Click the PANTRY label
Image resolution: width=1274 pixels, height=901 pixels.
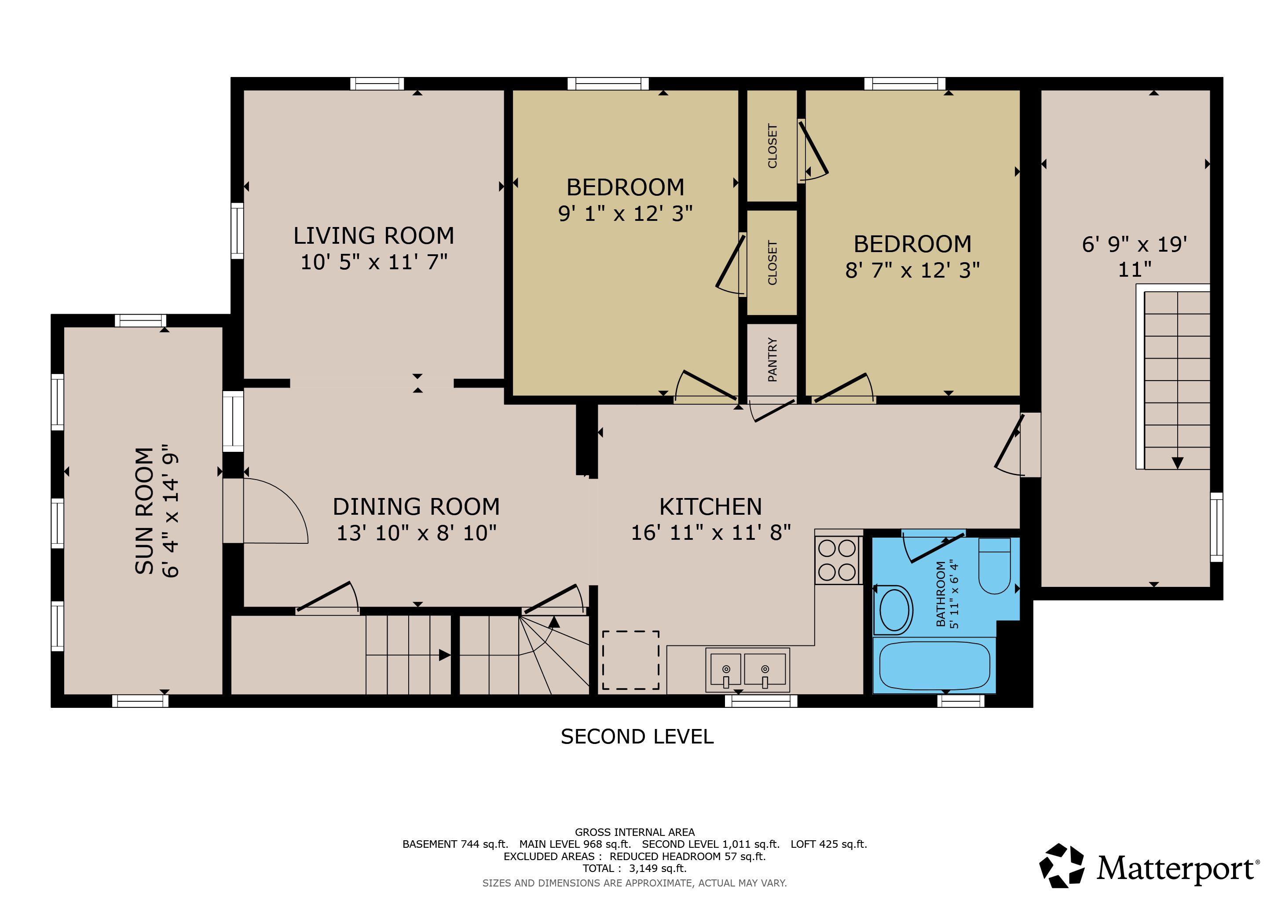click(772, 359)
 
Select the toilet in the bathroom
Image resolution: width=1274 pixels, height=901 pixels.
click(994, 565)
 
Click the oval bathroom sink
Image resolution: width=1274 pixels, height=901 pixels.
click(894, 610)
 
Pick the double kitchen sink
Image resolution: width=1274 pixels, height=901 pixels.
click(747, 670)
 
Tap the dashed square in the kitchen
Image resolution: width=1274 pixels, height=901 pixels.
click(631, 659)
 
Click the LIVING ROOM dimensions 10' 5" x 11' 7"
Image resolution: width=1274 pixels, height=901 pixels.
click(374, 262)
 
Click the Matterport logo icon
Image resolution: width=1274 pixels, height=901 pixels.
click(1062, 865)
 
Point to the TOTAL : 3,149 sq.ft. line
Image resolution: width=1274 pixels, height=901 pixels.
click(634, 868)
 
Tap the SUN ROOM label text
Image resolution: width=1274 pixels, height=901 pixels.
click(144, 510)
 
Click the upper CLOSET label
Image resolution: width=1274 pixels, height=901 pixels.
click(772, 146)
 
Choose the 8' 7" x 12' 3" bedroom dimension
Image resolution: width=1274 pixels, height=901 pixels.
click(912, 270)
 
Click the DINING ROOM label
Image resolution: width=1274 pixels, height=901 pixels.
click(416, 506)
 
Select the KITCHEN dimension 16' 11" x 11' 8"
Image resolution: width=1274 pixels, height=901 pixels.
click(711, 533)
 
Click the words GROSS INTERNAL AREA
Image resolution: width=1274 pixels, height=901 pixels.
click(634, 832)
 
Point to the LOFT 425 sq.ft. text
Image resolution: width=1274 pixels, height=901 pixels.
click(828, 844)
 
